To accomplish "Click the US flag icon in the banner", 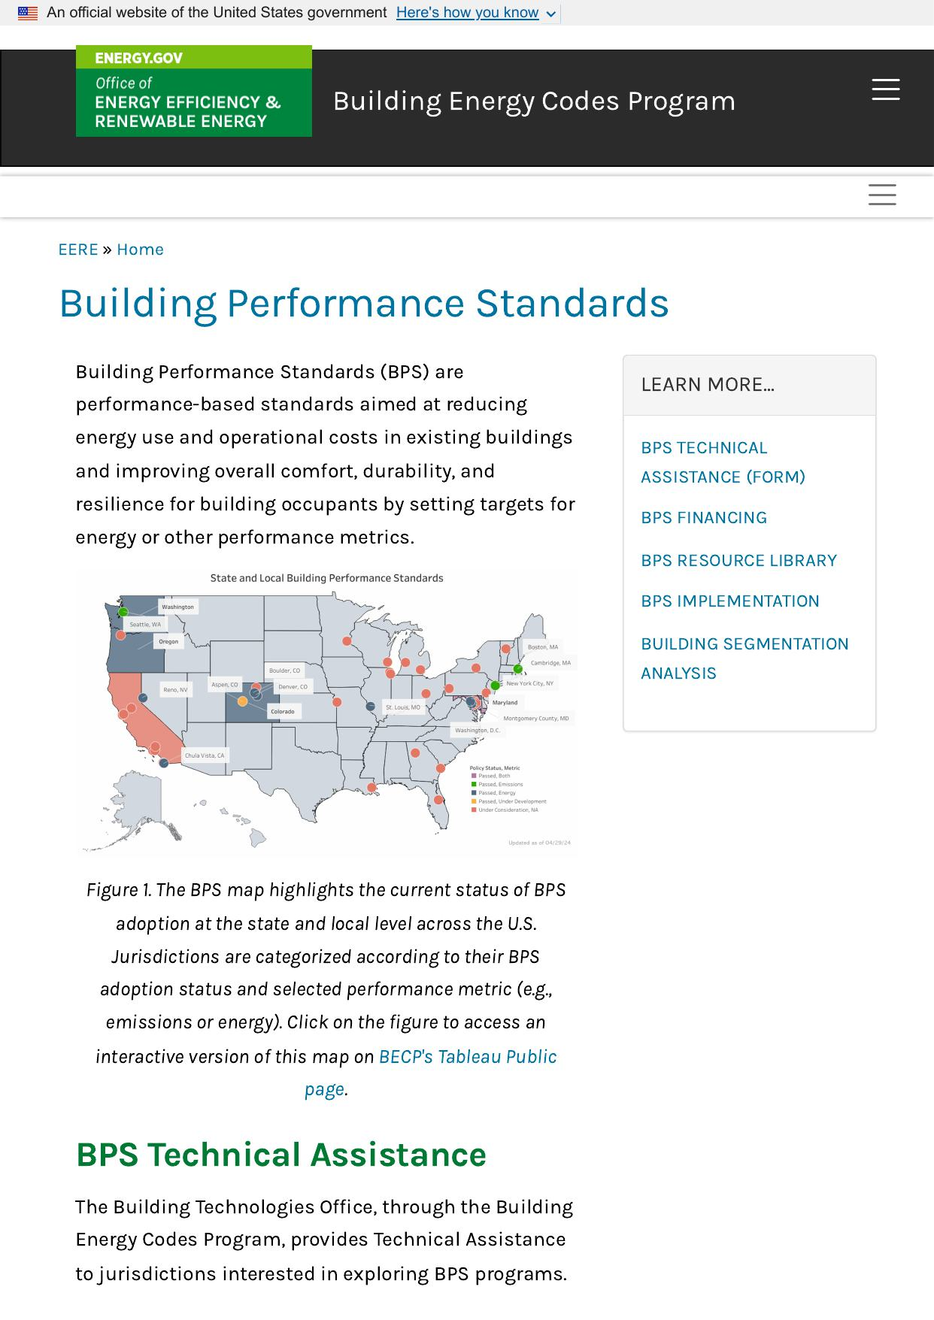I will click(28, 13).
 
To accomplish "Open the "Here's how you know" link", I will click(467, 13).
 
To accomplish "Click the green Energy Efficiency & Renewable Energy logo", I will click(193, 91).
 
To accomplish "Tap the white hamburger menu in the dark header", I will click(885, 89).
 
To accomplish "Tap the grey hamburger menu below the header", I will click(881, 195).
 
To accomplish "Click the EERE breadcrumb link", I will click(78, 250).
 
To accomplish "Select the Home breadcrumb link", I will click(140, 250).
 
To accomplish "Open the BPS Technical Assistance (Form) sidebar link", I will click(722, 462).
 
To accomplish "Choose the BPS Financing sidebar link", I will click(704, 518).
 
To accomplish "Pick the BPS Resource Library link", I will click(738, 561).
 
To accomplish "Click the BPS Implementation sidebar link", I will click(729, 601).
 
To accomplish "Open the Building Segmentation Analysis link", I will click(744, 658).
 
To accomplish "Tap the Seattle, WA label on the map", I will click(145, 625).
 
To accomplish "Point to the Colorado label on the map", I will click(283, 711).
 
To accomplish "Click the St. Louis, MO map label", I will click(403, 707).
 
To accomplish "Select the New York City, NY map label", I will click(529, 683).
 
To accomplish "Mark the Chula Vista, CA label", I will click(205, 755).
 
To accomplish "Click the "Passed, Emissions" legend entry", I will click(500, 784).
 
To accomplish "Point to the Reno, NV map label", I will click(175, 689).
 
